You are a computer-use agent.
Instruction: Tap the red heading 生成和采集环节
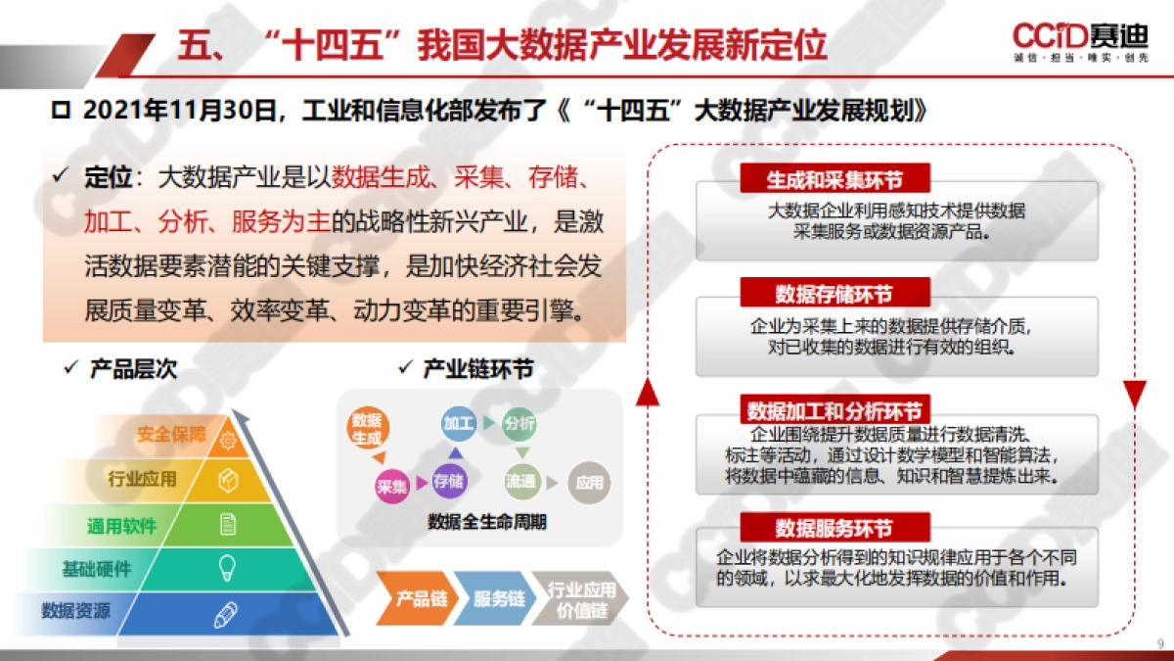pos(835,179)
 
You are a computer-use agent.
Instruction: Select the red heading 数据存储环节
pos(835,293)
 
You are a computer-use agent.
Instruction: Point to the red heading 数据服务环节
pos(835,528)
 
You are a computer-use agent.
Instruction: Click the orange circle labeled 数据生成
pos(367,428)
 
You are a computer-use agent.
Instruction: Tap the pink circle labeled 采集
pos(391,485)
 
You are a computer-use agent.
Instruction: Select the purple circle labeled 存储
pos(448,481)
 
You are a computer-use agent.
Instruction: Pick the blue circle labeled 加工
pos(458,424)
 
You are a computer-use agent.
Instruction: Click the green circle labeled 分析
pos(519,424)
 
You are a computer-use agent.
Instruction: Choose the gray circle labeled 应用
pos(589,482)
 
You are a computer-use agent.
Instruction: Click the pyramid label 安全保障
pos(171,435)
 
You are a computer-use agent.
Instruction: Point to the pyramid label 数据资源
pos(75,611)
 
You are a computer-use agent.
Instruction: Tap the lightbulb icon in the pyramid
pos(227,566)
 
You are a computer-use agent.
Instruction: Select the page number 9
pos(1159,643)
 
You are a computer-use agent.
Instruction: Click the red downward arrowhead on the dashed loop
pos(1134,395)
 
